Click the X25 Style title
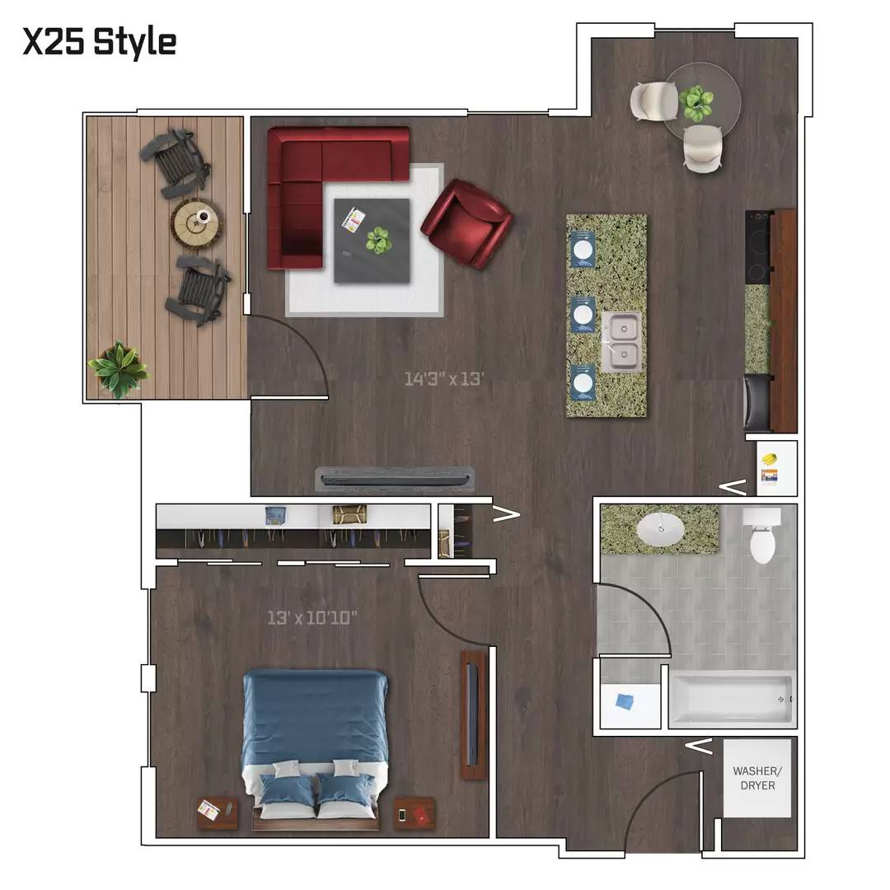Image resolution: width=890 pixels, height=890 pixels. click(x=100, y=42)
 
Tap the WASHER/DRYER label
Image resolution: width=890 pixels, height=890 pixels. click(x=757, y=778)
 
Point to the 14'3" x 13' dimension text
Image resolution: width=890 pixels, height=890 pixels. click(x=444, y=378)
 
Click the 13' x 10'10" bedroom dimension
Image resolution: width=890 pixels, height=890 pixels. click(x=312, y=617)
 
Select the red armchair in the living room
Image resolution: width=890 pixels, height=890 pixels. click(x=466, y=223)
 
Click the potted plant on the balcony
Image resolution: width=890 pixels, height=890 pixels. click(x=118, y=368)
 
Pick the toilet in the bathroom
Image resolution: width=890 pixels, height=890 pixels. click(x=762, y=535)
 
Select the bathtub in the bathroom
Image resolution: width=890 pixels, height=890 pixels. click(x=733, y=700)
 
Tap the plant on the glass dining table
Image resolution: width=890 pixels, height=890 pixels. click(x=696, y=103)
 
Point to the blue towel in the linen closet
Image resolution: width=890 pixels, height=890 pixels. click(x=625, y=701)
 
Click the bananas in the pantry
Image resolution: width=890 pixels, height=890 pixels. click(x=769, y=458)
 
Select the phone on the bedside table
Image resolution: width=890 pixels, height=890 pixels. click(x=402, y=815)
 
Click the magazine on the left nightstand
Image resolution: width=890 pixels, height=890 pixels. click(x=208, y=809)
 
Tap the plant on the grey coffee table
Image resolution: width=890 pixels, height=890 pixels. click(x=378, y=240)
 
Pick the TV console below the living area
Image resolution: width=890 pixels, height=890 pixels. click(x=395, y=480)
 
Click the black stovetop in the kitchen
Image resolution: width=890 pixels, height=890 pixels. click(x=758, y=247)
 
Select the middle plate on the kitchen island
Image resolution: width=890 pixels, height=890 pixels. click(x=583, y=314)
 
